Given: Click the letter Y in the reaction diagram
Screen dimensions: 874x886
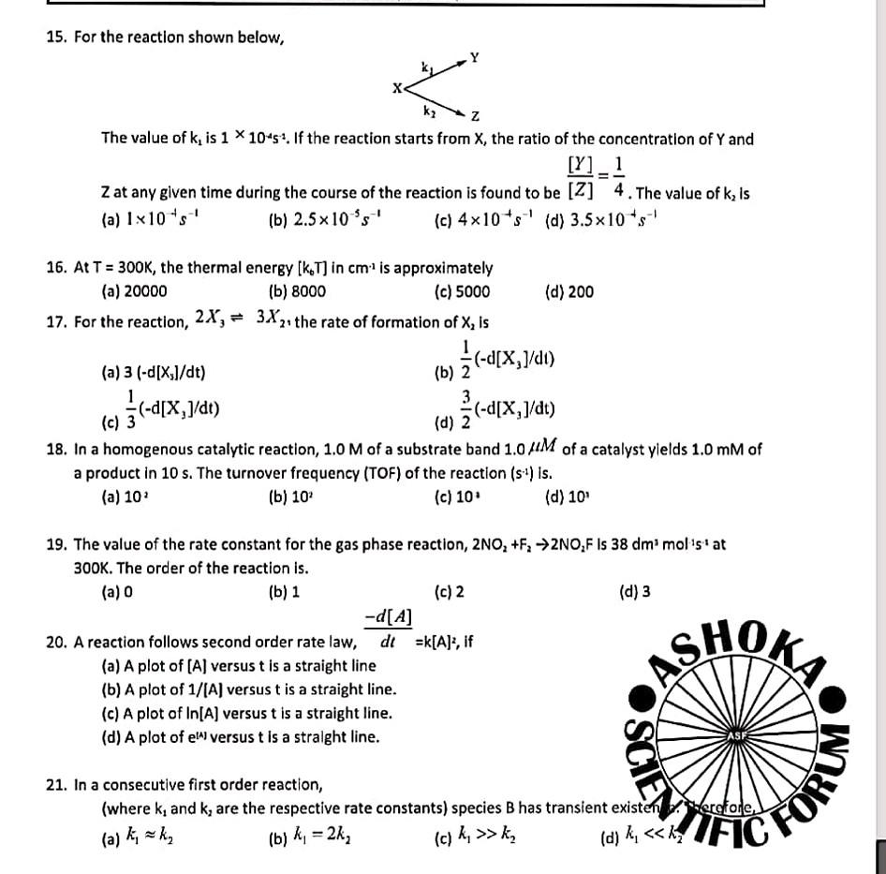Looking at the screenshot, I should pos(475,58).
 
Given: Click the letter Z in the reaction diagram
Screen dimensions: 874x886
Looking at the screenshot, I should pos(475,116).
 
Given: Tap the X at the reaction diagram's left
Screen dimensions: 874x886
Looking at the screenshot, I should pos(397,88).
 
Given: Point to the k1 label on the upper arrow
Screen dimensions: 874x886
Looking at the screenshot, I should pos(428,67).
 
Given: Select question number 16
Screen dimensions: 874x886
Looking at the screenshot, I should pos(55,268).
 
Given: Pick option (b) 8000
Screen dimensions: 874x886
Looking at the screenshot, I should pos(297,291).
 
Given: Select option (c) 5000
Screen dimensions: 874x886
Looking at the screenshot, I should pos(462,291).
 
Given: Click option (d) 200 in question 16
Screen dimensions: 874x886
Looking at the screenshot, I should pos(569,291).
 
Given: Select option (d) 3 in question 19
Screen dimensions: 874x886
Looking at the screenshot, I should pos(635,592).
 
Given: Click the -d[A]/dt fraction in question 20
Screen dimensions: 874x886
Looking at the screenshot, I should pos(388,629).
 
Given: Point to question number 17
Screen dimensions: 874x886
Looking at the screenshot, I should pos(55,322).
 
